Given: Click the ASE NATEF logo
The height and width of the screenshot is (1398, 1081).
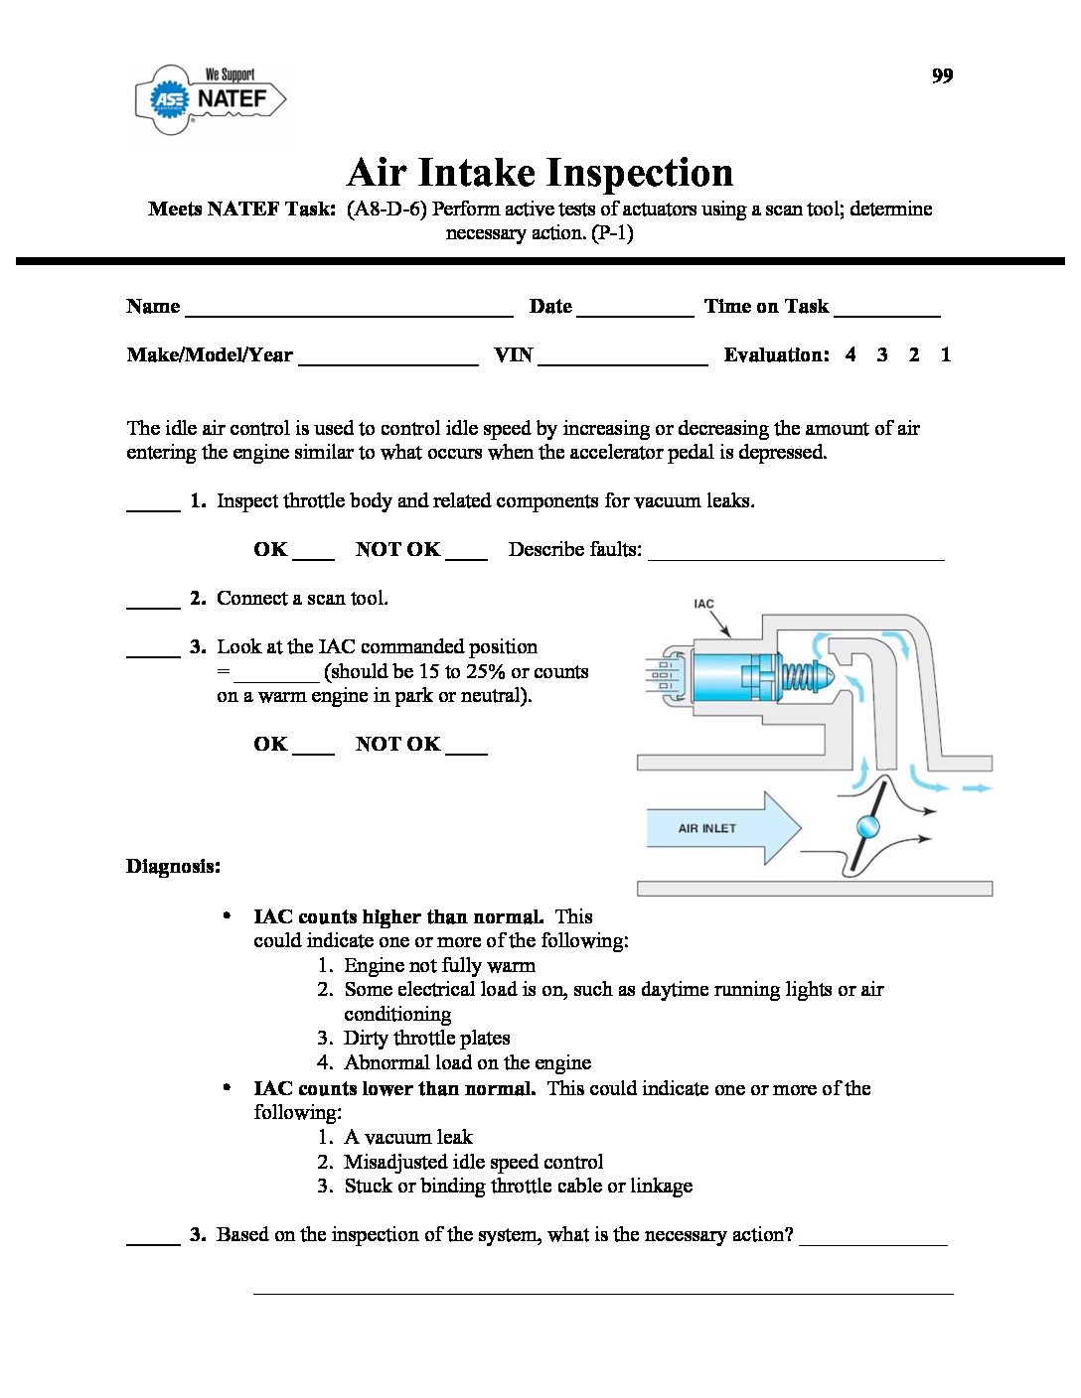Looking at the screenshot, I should pyautogui.click(x=211, y=99).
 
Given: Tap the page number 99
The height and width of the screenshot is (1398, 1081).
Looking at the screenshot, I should pyautogui.click(x=942, y=76).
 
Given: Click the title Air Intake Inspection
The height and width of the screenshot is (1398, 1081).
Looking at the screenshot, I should pyautogui.click(x=540, y=173).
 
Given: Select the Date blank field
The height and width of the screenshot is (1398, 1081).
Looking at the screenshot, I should pyautogui.click(x=634, y=310).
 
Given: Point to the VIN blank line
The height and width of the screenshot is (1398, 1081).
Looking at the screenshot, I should pyautogui.click(x=622, y=359).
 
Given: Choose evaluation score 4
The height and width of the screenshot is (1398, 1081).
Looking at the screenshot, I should pyautogui.click(x=850, y=354).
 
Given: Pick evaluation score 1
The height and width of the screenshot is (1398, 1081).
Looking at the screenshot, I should pyautogui.click(x=946, y=354).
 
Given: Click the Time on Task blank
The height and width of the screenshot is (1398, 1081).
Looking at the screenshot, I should pyautogui.click(x=886, y=310).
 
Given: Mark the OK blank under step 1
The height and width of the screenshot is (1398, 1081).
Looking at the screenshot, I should pyautogui.click(x=314, y=554).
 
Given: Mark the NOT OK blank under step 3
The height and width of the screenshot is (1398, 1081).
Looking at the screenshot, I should pyautogui.click(x=466, y=749).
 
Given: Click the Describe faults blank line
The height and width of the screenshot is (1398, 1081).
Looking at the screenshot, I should pyautogui.click(x=795, y=554).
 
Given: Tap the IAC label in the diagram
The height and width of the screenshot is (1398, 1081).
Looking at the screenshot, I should pyautogui.click(x=703, y=604).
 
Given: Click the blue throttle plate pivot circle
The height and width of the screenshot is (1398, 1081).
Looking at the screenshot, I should pyautogui.click(x=867, y=826).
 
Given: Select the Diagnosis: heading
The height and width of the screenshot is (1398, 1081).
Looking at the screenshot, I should pyautogui.click(x=173, y=867).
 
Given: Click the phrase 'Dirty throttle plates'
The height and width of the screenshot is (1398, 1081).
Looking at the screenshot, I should pyautogui.click(x=426, y=1039).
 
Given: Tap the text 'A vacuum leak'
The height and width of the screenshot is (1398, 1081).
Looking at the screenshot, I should pyautogui.click(x=407, y=1137).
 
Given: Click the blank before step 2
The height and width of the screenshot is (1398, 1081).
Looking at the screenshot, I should pyautogui.click(x=153, y=603).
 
